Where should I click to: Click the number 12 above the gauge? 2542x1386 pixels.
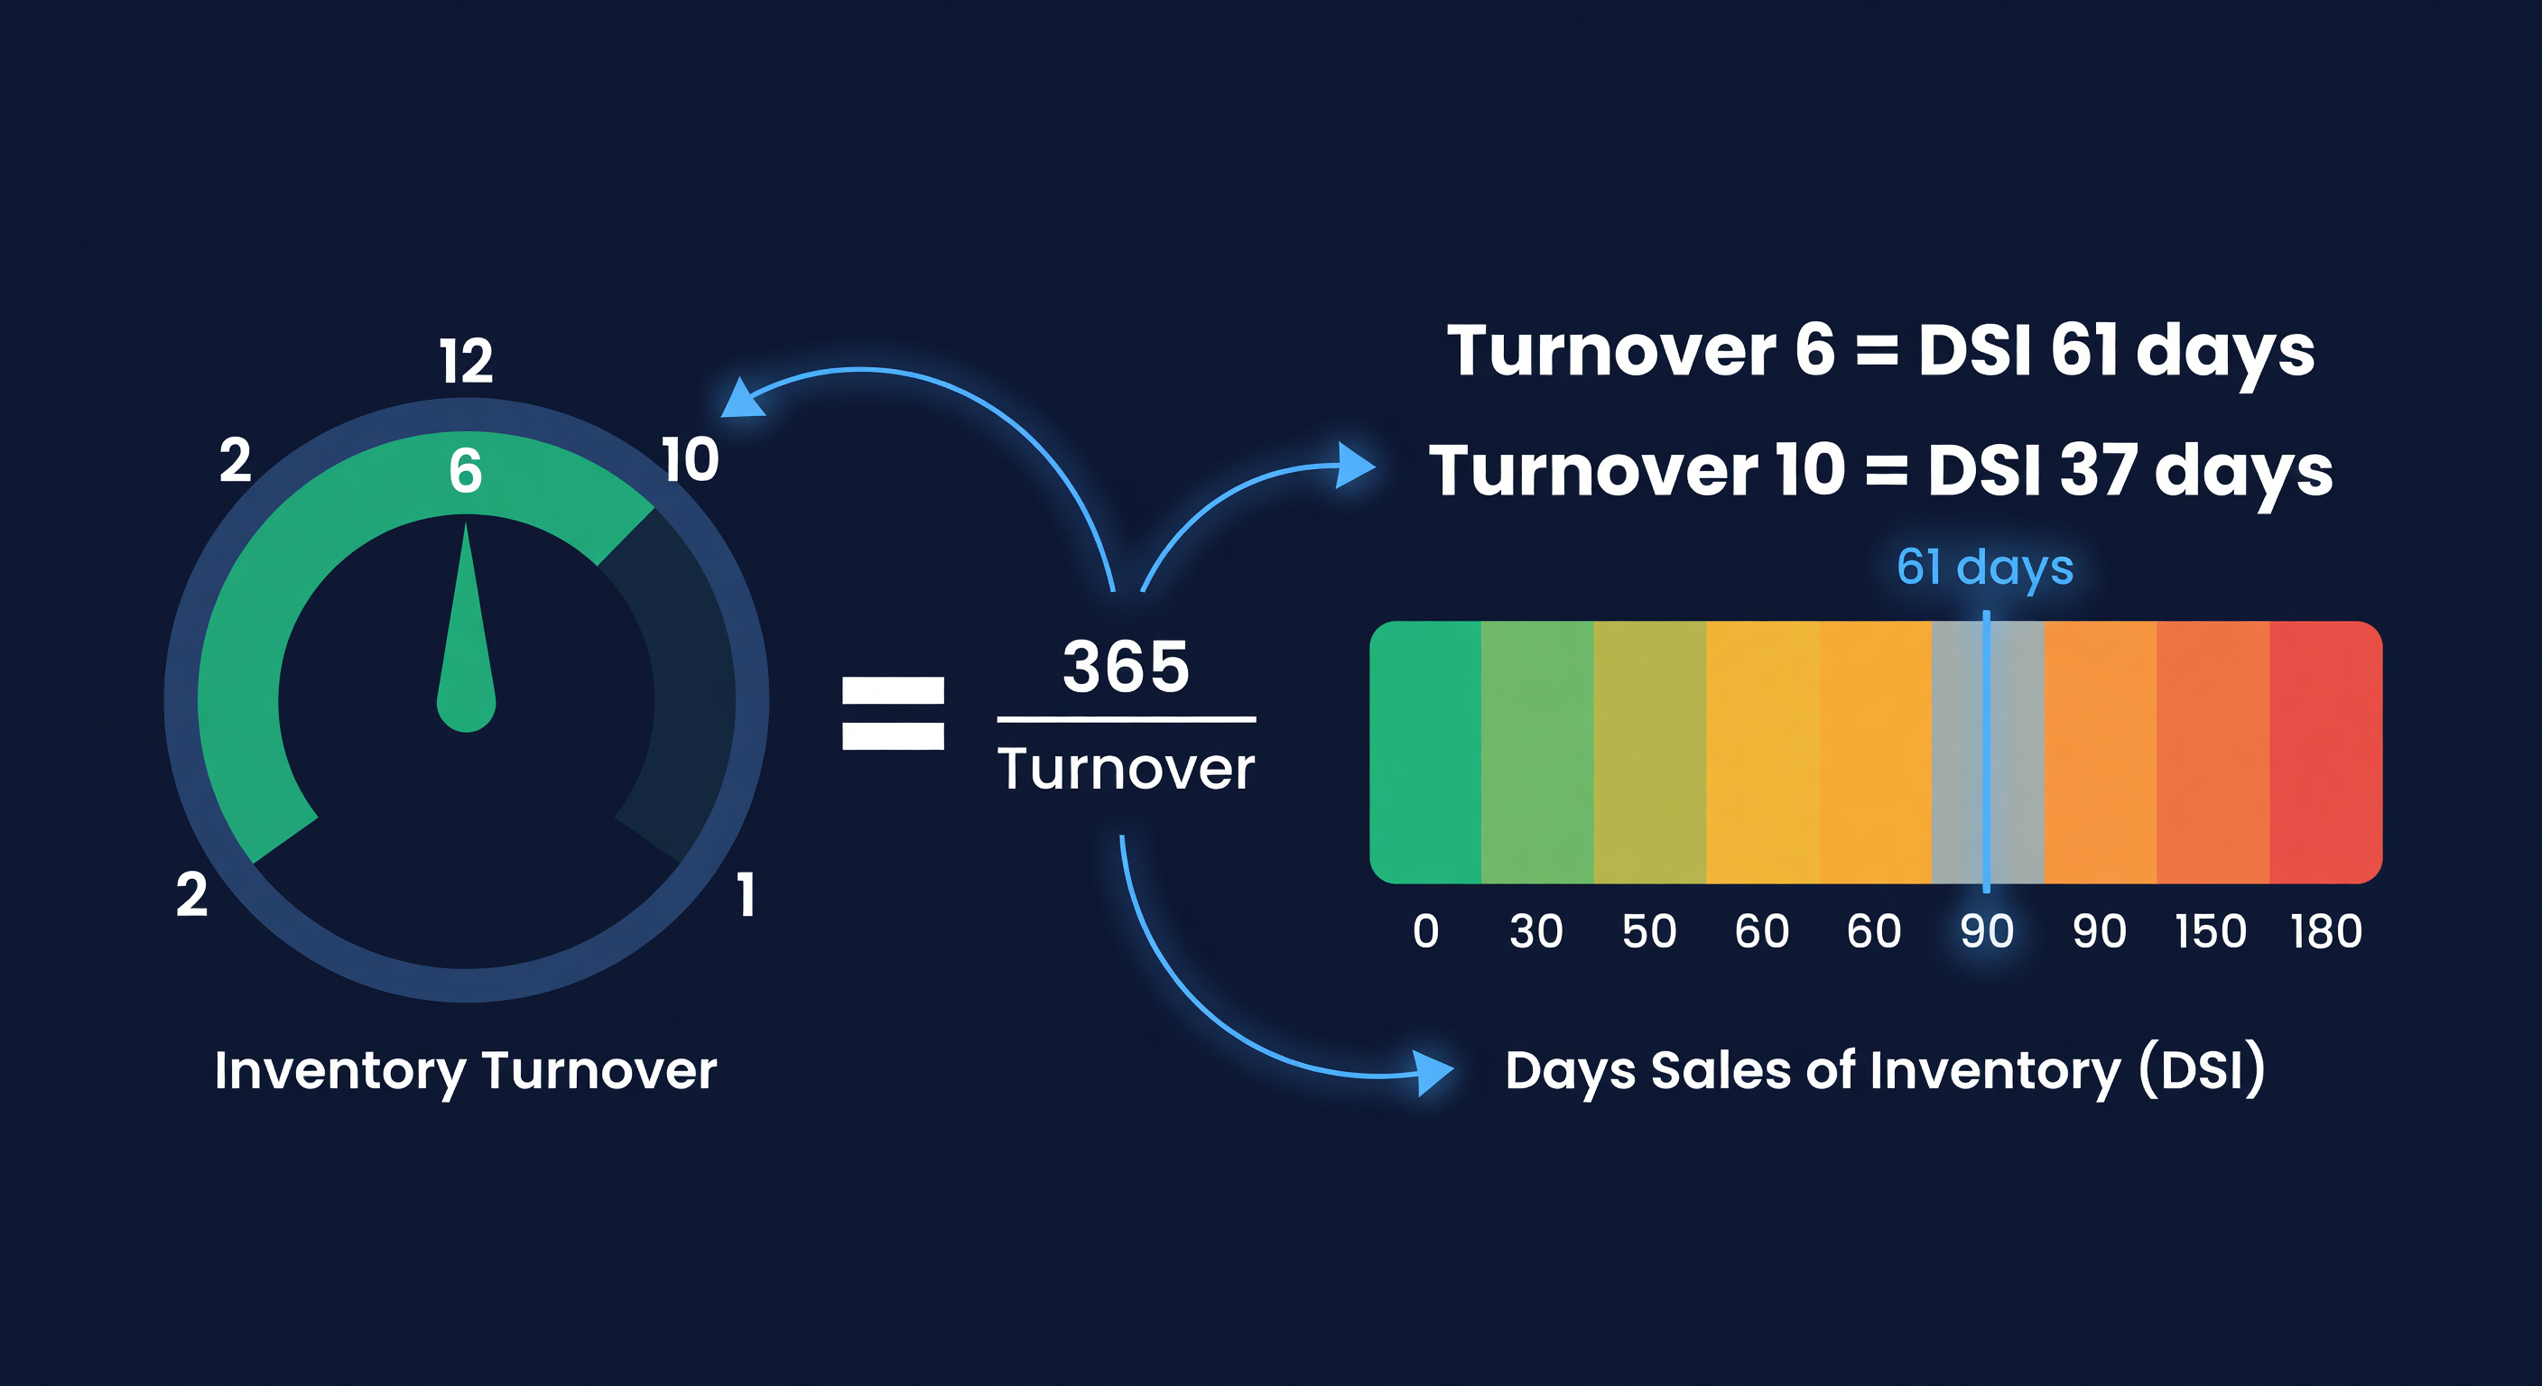coord(466,362)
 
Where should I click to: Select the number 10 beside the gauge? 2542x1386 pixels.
coord(690,461)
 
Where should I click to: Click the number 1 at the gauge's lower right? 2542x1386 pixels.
coord(746,896)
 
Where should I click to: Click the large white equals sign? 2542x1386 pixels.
coord(892,713)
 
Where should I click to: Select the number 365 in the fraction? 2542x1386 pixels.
coord(1126,667)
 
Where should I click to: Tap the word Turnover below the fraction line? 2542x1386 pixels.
coord(1126,770)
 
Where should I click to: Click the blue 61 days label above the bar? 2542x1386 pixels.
coord(1984,568)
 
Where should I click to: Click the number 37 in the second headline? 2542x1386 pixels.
coord(2097,470)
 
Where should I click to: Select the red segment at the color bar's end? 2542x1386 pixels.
coord(2325,752)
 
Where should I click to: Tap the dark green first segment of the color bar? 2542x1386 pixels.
coord(1426,752)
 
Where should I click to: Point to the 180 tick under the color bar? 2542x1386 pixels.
coord(2326,932)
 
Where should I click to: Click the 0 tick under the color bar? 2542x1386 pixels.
coord(1425,932)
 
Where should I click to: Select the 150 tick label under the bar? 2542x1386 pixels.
coord(2211,932)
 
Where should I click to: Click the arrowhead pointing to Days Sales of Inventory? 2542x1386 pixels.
coord(1433,1071)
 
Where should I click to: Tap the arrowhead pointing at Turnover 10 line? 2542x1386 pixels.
coord(1355,465)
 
